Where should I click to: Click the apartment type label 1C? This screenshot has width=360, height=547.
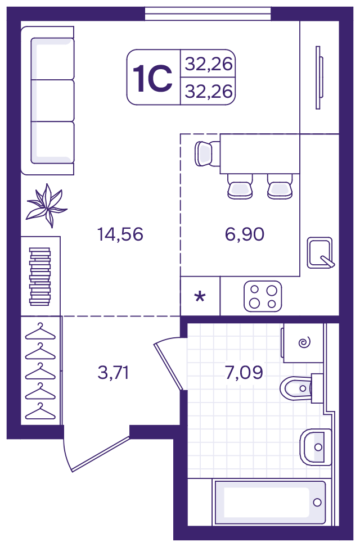(x=152, y=79)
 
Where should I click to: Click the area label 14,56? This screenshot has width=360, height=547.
(x=120, y=234)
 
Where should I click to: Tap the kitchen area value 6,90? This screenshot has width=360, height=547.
(x=245, y=234)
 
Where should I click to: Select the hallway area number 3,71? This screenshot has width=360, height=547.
(x=114, y=372)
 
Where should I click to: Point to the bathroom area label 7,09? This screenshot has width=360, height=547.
(x=244, y=372)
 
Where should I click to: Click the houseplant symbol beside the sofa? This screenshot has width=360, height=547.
(x=47, y=206)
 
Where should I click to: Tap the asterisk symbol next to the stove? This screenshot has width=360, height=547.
(x=200, y=297)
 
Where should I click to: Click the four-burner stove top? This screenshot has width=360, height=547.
(x=263, y=296)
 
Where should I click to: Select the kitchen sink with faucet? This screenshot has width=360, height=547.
(x=320, y=253)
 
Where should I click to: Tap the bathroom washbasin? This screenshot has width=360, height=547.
(x=316, y=447)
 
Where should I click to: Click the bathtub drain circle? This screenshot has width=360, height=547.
(x=317, y=503)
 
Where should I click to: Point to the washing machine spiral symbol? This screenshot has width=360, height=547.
(x=305, y=342)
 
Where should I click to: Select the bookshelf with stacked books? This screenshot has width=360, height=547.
(x=40, y=276)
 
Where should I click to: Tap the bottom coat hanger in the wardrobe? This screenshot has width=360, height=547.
(x=40, y=411)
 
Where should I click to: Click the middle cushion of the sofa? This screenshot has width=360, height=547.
(x=52, y=101)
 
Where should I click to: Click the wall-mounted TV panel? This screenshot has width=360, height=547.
(x=319, y=78)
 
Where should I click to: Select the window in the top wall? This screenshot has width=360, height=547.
(x=208, y=13)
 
